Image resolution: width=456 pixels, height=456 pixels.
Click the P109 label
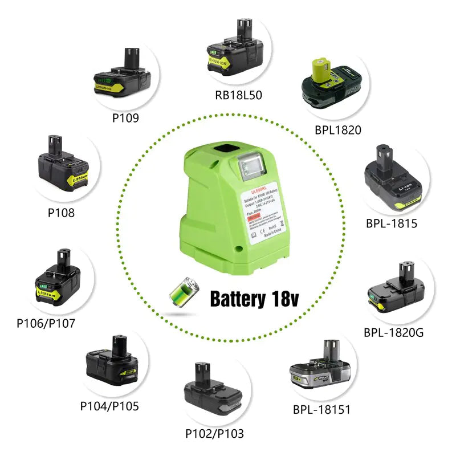pos(125,118)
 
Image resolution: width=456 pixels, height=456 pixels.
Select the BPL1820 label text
pos(337,130)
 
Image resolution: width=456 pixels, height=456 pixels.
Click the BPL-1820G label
pos(393,332)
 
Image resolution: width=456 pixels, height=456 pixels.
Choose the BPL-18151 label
pos(321,409)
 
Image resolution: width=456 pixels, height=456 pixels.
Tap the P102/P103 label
pos(214,433)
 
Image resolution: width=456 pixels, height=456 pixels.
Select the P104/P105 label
pos(109,406)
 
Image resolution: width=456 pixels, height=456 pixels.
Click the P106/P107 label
pos(46,323)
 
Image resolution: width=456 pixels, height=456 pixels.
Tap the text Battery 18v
pos(254,298)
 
